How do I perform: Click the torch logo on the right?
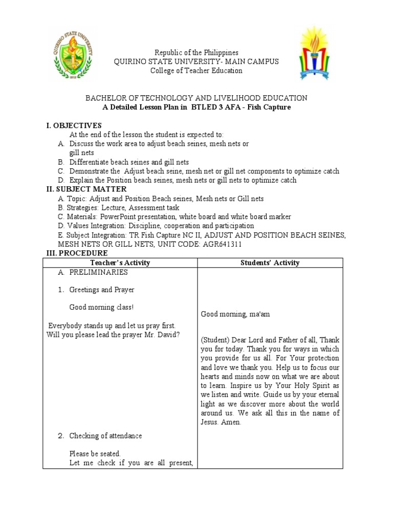[x=315, y=53]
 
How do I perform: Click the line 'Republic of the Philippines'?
[x=196, y=53]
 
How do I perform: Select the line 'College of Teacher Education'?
[x=196, y=71]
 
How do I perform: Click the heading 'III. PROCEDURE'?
[x=77, y=253]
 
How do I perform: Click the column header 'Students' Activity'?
[x=270, y=263]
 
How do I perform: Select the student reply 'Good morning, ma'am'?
[x=235, y=314]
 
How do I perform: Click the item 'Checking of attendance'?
[x=105, y=436]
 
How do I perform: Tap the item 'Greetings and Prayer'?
[x=102, y=290]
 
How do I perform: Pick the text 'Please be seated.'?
[x=95, y=453]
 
